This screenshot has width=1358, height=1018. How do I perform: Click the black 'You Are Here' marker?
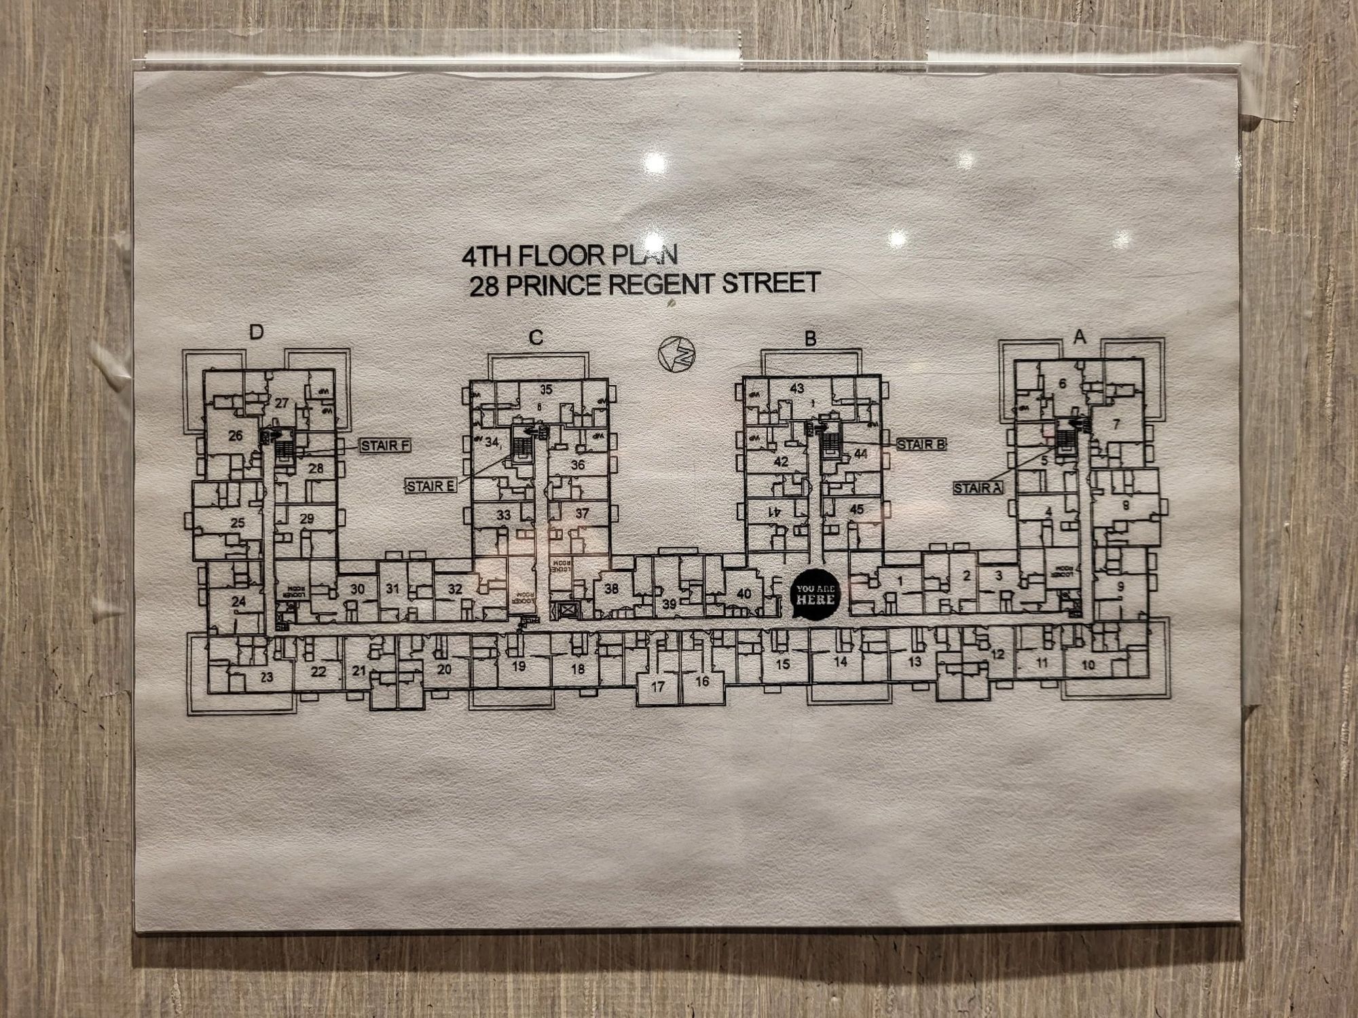(815, 595)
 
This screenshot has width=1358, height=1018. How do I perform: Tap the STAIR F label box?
(386, 445)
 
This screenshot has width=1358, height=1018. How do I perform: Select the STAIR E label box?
(431, 486)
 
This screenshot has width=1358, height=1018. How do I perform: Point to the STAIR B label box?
(921, 445)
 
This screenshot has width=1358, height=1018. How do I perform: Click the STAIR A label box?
(978, 488)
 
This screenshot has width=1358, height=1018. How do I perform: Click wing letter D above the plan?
(256, 332)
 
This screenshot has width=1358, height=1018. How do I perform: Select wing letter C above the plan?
(536, 337)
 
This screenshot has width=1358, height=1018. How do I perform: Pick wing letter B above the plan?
(810, 338)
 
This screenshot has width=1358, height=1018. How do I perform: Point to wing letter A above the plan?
(1080, 336)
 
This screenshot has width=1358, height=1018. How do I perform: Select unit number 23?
(267, 677)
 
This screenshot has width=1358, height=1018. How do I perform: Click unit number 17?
(657, 686)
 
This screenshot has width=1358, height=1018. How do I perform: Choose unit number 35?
(546, 390)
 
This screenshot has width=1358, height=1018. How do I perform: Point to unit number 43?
(797, 388)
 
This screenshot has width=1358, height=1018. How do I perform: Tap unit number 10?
(1088, 664)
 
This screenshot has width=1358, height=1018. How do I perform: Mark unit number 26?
(236, 435)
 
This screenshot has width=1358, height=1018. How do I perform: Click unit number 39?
(669, 604)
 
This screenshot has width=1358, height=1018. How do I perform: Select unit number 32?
(455, 588)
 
